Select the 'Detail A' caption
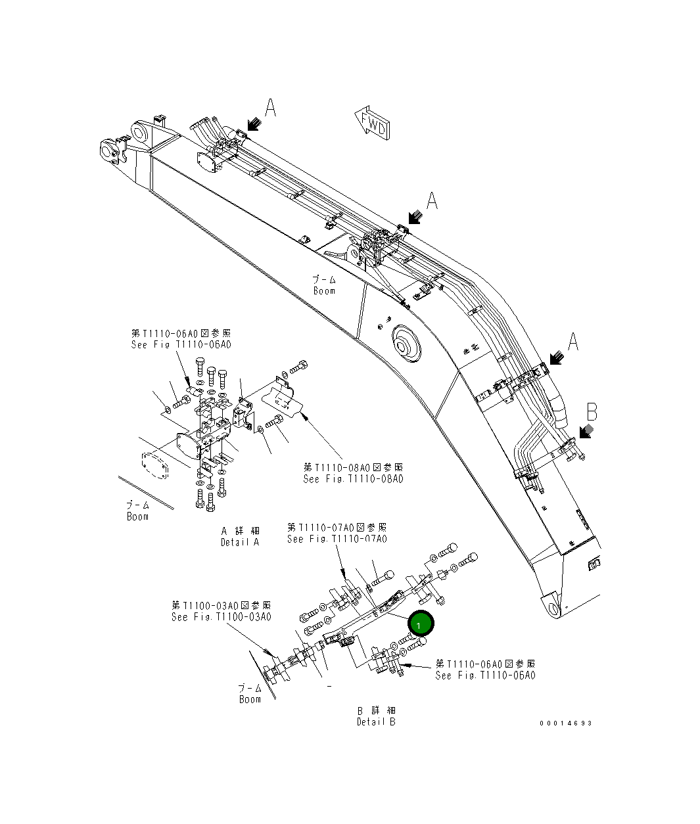point(240,536)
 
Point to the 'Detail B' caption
point(376,716)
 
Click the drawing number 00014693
point(565,723)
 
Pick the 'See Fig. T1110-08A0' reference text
point(354,473)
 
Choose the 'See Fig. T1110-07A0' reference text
point(337,533)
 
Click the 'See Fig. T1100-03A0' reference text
point(221,611)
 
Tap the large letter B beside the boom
point(592,412)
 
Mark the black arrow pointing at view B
point(584,430)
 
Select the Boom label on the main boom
point(323,285)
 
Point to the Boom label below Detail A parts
point(137,511)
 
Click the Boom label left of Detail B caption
point(250,694)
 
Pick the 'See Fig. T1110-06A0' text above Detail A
point(181,339)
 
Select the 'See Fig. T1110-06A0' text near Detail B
point(485,670)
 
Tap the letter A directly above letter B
point(573,341)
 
